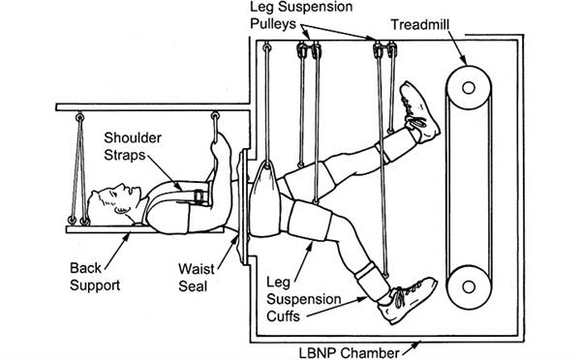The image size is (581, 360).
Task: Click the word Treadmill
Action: pyautogui.click(x=420, y=25)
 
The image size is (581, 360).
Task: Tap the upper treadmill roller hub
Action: pyautogui.click(x=469, y=88)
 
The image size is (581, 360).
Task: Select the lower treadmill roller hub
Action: pyautogui.click(x=469, y=286)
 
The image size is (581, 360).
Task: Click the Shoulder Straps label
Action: pyautogui.click(x=133, y=146)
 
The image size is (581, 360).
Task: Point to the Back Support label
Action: pyautogui.click(x=95, y=277)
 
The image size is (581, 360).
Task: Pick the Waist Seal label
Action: pyautogui.click(x=197, y=278)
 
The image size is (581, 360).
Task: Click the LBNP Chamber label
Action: pyautogui.click(x=349, y=352)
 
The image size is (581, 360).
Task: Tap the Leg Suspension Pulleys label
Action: pyautogui.click(x=301, y=15)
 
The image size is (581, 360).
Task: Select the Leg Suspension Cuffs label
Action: pyautogui.click(x=304, y=299)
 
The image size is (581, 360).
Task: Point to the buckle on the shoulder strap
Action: pyautogui.click(x=199, y=196)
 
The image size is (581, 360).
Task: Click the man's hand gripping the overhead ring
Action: pyautogui.click(x=221, y=148)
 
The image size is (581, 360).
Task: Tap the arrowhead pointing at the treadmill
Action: pyautogui.click(x=463, y=59)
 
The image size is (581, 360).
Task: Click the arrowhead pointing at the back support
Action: pyautogui.click(x=127, y=236)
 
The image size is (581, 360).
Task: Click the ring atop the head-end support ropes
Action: pyautogui.click(x=79, y=118)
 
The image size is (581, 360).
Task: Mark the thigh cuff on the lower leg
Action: pyautogui.click(x=310, y=220)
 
